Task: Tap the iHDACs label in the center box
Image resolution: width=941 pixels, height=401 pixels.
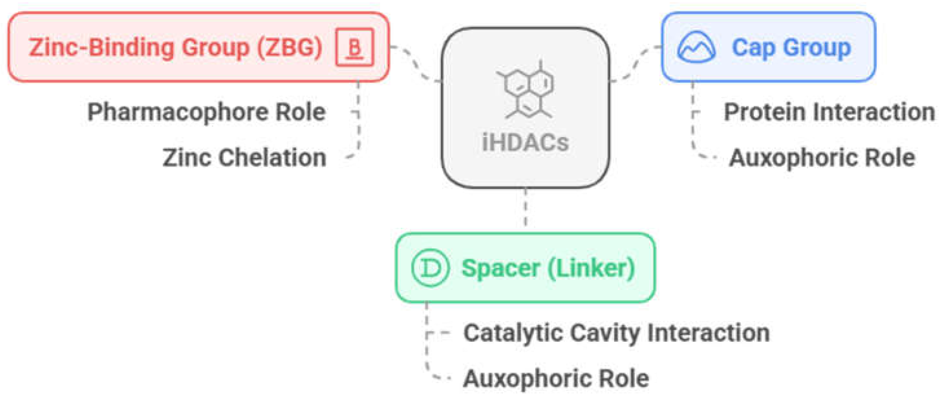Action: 525,143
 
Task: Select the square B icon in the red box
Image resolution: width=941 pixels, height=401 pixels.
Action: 354,47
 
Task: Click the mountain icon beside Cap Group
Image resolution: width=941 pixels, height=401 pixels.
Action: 696,47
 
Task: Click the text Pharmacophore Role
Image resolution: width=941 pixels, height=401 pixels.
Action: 206,112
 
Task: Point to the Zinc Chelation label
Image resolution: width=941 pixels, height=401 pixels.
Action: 244,157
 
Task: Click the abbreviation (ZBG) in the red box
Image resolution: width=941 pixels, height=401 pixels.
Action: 290,48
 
